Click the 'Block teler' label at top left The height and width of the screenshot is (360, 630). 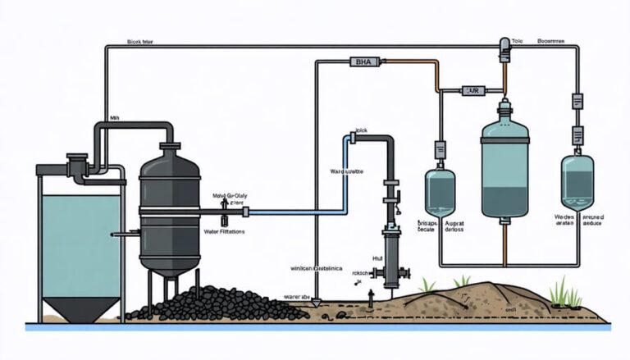tap(144, 39)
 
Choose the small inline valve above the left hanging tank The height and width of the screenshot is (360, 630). tap(440, 148)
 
